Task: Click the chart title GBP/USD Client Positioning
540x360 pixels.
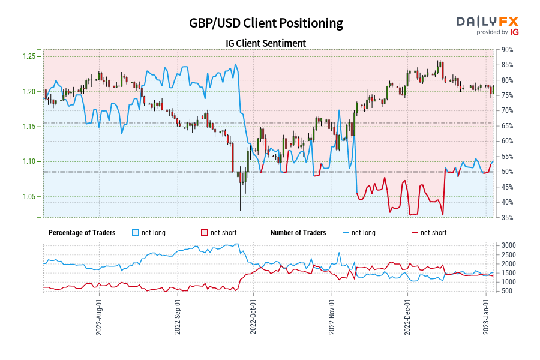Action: [x=266, y=23]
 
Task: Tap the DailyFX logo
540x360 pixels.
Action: [x=487, y=21]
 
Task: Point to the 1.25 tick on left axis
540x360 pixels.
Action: [x=28, y=56]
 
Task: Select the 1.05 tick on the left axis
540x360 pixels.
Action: [x=28, y=197]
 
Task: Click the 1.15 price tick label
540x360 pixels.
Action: [x=28, y=127]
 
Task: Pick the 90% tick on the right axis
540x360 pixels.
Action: [x=508, y=50]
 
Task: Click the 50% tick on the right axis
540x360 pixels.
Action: [x=508, y=172]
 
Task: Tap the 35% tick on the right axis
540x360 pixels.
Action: [x=508, y=217]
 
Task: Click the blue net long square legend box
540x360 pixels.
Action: [x=135, y=233]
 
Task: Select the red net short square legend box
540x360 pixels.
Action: [x=204, y=233]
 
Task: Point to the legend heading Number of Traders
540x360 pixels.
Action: [x=298, y=233]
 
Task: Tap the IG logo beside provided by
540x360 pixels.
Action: [x=514, y=32]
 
